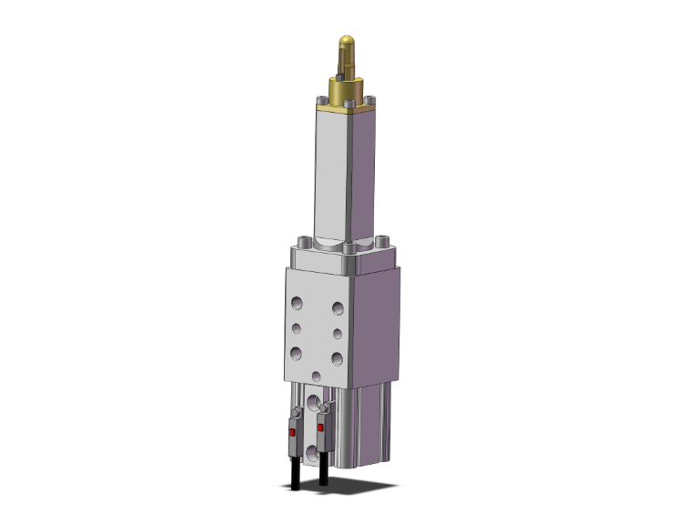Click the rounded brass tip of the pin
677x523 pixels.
pos(347,43)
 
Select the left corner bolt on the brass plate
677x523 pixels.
pos(321,100)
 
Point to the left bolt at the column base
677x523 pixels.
pos(304,243)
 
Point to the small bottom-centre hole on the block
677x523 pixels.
pos(316,376)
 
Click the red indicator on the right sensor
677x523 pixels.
pos(320,425)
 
